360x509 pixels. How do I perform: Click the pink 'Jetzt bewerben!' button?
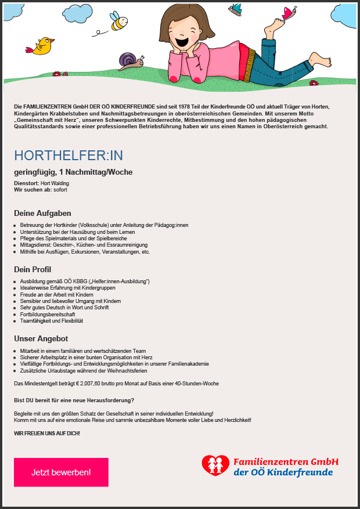click(x=61, y=472)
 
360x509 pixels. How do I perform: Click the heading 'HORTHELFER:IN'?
click(x=69, y=156)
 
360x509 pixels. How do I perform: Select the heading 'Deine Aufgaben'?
click(x=42, y=213)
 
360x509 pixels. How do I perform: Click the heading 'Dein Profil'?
click(x=33, y=269)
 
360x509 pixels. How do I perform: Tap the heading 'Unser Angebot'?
click(x=41, y=338)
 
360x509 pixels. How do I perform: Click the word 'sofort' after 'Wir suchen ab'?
click(x=60, y=190)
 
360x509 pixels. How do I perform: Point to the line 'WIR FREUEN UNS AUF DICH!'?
click(x=47, y=433)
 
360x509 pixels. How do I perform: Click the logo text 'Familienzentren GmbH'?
click(x=285, y=462)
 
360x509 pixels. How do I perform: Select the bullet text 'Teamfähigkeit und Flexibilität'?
click(x=52, y=321)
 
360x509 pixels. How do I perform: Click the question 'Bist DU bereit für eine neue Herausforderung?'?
click(x=74, y=400)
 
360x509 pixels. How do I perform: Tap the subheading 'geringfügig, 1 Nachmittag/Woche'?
click(x=73, y=172)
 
